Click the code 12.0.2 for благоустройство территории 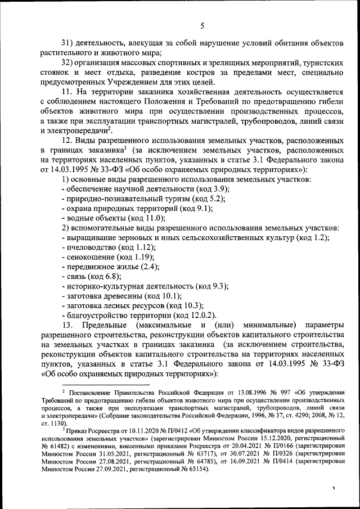tap(200, 314)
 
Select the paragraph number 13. tap(68, 325)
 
